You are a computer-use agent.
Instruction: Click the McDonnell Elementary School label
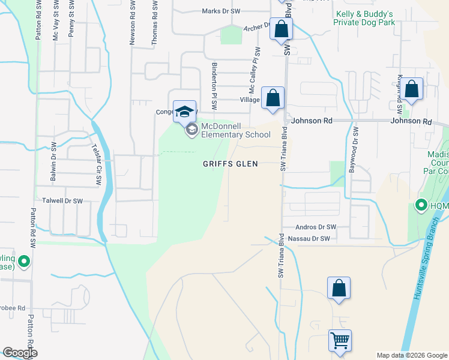pyautogui.click(x=235, y=130)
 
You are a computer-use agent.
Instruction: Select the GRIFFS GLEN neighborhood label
pyautogui.click(x=230, y=164)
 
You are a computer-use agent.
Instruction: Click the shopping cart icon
pyautogui.click(x=340, y=340)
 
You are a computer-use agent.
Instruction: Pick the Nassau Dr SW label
pyautogui.click(x=309, y=239)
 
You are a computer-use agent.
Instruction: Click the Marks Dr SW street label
pyautogui.click(x=221, y=11)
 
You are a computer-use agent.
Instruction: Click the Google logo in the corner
pyautogui.click(x=20, y=353)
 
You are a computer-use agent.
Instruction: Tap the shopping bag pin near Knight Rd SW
pyautogui.click(x=412, y=89)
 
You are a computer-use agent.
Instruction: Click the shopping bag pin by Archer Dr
pyautogui.click(x=281, y=29)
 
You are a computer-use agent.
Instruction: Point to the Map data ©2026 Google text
pyautogui.click(x=411, y=355)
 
